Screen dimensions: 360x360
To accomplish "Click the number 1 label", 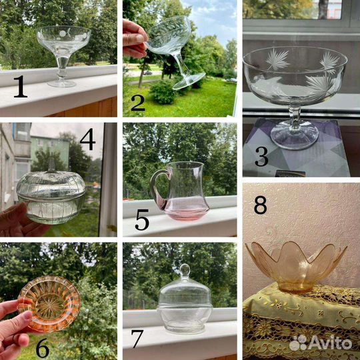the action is (21, 87).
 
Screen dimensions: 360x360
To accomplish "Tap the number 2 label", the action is (138, 103).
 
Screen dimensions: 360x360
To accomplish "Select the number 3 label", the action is (261, 157).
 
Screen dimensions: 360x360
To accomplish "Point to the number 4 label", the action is (88, 139).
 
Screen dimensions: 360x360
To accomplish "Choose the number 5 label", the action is (142, 220).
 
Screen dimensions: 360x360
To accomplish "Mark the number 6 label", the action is (43, 347).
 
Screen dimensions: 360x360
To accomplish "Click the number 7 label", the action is (137, 339).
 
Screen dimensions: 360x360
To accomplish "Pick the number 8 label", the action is (261, 205).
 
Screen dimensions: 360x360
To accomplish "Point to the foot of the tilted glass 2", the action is (189, 82).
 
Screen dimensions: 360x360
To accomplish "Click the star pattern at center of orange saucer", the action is (49, 305).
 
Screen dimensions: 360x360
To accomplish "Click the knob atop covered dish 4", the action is (51, 165).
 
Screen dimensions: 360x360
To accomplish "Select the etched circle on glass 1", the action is (63, 34).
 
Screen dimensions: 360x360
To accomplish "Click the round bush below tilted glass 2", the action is (163, 92).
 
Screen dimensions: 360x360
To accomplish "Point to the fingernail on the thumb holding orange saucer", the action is (28, 316).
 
